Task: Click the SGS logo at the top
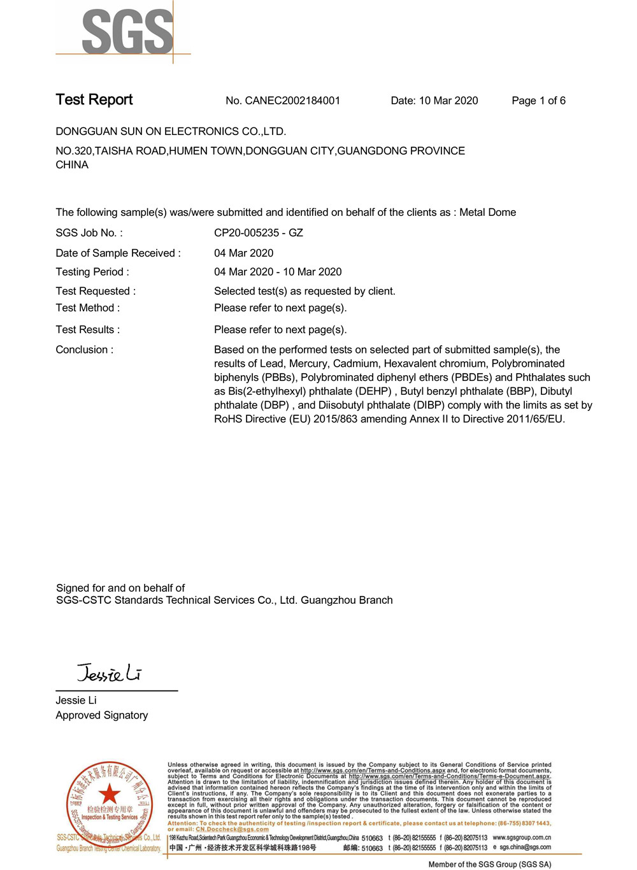point(127,31)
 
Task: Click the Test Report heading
point(94,100)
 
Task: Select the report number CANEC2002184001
point(292,101)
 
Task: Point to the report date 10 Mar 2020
point(448,101)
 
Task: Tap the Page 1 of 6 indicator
point(538,101)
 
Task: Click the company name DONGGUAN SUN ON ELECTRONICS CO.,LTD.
point(171,132)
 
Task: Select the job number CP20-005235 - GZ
point(259,233)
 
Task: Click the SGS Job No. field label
point(89,233)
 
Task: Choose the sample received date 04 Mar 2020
point(244,253)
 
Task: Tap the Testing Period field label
point(92,272)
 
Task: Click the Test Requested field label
point(96,291)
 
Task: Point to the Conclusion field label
point(85,350)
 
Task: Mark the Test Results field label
point(88,330)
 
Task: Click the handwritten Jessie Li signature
point(109,673)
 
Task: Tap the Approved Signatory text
point(102,715)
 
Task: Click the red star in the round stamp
point(109,794)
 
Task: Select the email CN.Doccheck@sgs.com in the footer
point(232,829)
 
